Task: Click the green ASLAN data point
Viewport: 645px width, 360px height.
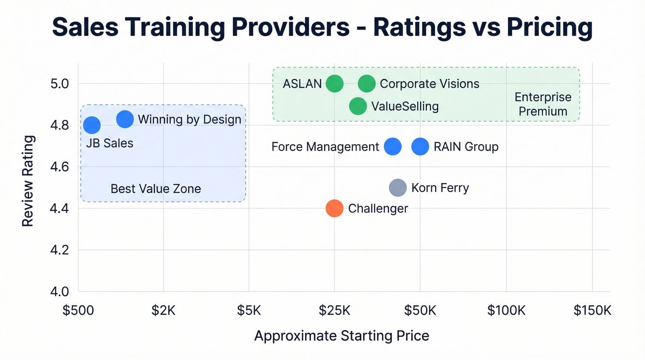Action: [x=334, y=84]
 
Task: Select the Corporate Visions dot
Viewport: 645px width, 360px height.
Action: [x=367, y=84]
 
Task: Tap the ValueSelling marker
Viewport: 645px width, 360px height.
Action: [x=358, y=106]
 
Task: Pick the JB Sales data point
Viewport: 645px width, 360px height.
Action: [x=92, y=125]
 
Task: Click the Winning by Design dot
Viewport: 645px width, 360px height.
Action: [x=125, y=119]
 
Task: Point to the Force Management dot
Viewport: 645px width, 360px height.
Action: [x=393, y=147]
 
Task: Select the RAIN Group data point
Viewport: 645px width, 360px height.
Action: [x=420, y=147]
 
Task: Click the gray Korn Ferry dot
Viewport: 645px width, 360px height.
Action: [x=398, y=188]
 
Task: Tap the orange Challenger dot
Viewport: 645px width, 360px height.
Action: [x=334, y=208]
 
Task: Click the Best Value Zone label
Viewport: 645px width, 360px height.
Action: [x=156, y=189]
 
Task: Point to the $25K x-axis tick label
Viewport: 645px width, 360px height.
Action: [x=334, y=310]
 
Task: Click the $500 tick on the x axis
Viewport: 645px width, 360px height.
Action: [x=78, y=310]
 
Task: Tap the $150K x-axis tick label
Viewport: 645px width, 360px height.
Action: [x=592, y=310]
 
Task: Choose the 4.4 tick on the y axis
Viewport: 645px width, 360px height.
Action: [x=59, y=209]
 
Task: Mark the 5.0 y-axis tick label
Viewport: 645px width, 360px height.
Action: [x=59, y=84]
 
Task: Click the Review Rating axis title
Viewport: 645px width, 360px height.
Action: [x=28, y=181]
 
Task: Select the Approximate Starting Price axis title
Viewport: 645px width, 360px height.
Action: [x=341, y=336]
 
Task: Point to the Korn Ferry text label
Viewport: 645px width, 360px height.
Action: [x=440, y=188]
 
